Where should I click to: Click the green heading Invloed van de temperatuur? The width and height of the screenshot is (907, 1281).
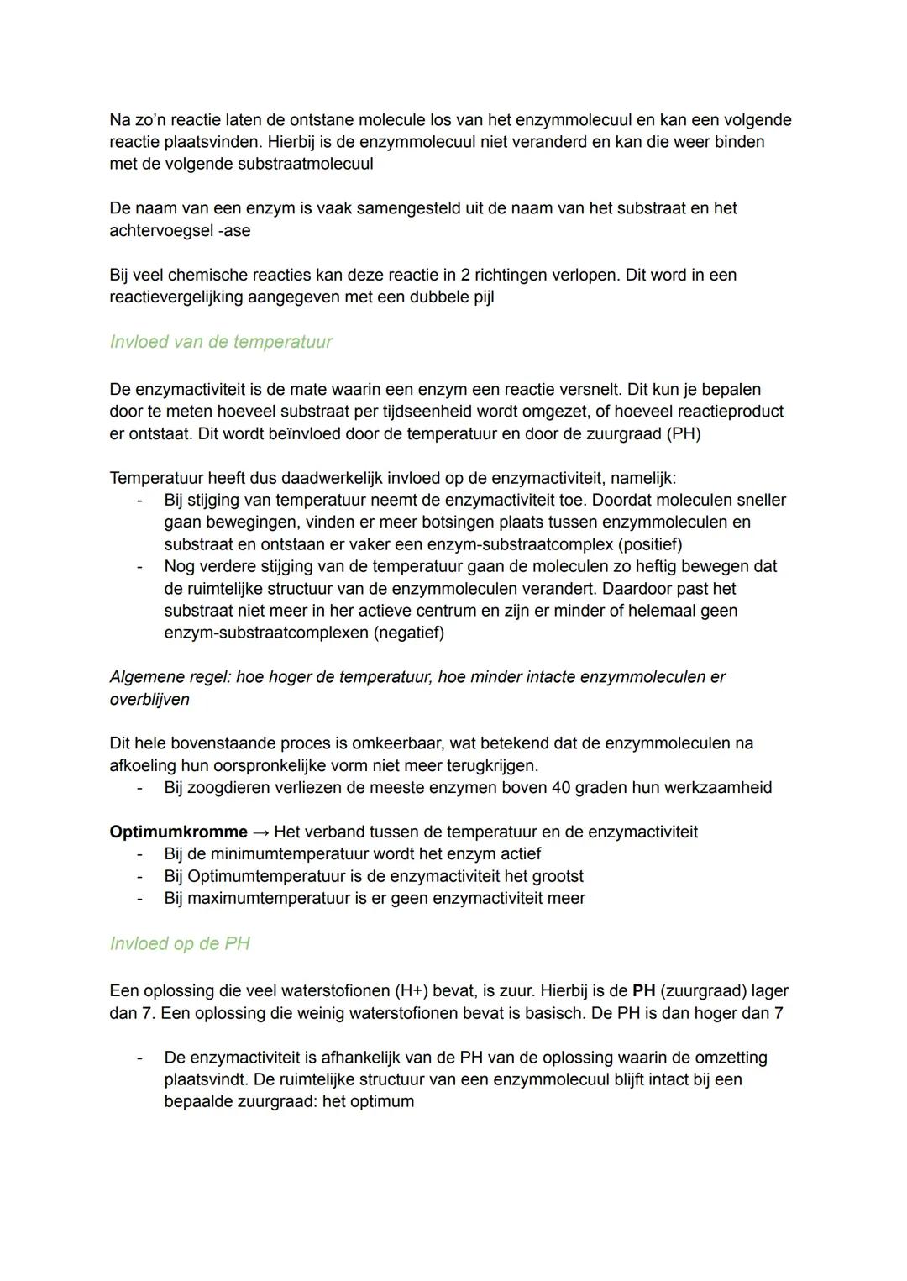click(x=221, y=342)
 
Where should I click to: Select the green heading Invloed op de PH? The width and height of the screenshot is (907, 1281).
click(x=180, y=943)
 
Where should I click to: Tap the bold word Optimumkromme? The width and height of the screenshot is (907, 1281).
click(x=178, y=832)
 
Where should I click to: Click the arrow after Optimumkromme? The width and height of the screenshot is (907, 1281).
click(x=260, y=832)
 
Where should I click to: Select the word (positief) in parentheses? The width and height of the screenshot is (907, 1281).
click(x=649, y=543)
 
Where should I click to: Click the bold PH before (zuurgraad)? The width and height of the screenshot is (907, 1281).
click(x=643, y=991)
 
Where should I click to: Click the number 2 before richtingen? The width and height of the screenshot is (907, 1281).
click(x=466, y=275)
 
